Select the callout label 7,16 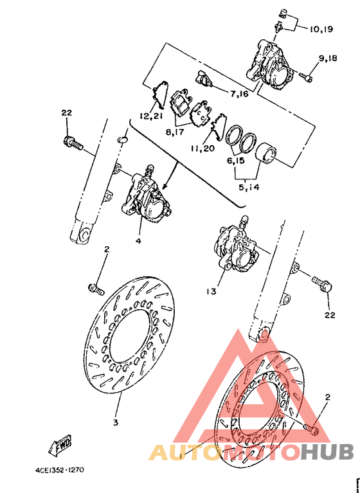(x=239, y=94)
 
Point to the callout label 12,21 (x=152, y=116)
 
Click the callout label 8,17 (x=175, y=132)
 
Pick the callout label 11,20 (x=203, y=148)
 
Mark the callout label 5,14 (x=249, y=187)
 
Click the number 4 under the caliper (x=139, y=241)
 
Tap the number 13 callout (x=212, y=292)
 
